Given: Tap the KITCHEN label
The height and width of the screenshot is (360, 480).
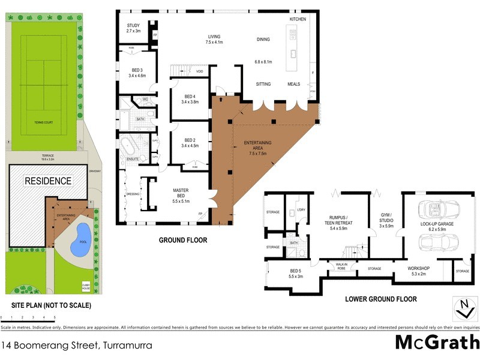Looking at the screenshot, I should tap(298, 19).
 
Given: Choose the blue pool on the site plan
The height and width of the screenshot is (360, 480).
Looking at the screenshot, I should tap(80, 239).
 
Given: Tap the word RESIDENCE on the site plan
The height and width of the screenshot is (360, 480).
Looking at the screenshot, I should tap(48, 181).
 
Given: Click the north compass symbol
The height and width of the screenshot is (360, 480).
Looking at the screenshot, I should tap(463, 308).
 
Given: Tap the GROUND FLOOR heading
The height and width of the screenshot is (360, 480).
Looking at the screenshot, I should tap(183, 240).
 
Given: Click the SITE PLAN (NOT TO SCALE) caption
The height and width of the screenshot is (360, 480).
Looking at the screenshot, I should tap(47, 305).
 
